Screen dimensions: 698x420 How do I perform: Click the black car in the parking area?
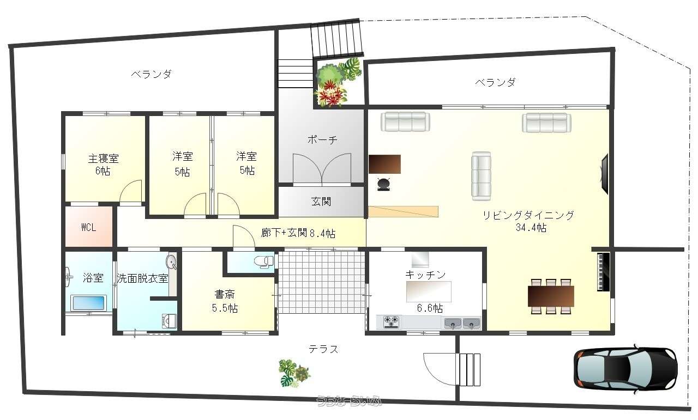pyautogui.click(x=625, y=368)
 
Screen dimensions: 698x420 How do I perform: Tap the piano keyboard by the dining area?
pyautogui.click(x=603, y=272)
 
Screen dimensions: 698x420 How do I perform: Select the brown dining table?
pyautogui.click(x=551, y=296)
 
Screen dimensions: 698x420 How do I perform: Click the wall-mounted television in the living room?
pyautogui.click(x=605, y=174)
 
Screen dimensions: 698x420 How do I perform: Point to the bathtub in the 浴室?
pyautogui.click(x=89, y=303)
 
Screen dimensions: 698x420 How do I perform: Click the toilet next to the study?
pyautogui.click(x=263, y=261)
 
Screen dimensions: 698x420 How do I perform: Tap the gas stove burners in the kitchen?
pyautogui.click(x=391, y=321)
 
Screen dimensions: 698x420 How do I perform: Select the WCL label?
pyautogui.click(x=88, y=228)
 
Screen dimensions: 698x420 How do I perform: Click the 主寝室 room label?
pyautogui.click(x=104, y=159)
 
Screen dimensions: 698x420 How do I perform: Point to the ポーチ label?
pyautogui.click(x=322, y=140)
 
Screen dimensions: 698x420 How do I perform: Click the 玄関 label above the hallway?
pyautogui.click(x=321, y=202)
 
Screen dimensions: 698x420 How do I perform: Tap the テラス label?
pyautogui.click(x=323, y=349)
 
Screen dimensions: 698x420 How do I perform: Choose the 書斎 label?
pyautogui.click(x=224, y=295)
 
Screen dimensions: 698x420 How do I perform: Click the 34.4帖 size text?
pyautogui.click(x=531, y=228)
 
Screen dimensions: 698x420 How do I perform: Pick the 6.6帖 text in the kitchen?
pyautogui.click(x=430, y=308)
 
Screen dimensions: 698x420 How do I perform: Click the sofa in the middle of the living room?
pyautogui.click(x=481, y=176)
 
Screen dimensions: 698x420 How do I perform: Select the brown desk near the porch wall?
pyautogui.click(x=384, y=164)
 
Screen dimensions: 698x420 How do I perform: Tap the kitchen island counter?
pyautogui.click(x=429, y=291)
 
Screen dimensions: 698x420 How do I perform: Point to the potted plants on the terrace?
pyautogui.click(x=294, y=373)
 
